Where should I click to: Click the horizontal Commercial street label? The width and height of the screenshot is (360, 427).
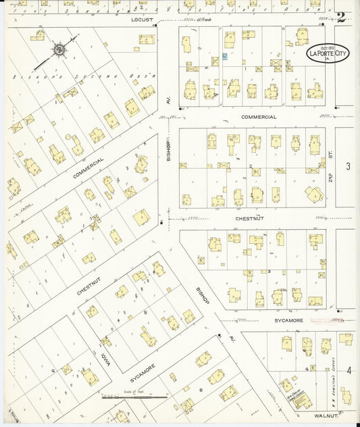point(259,117)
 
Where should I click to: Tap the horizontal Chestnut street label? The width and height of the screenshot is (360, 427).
point(249,218)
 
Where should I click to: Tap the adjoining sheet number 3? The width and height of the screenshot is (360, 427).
point(348,166)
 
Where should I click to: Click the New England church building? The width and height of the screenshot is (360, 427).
point(296,399)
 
